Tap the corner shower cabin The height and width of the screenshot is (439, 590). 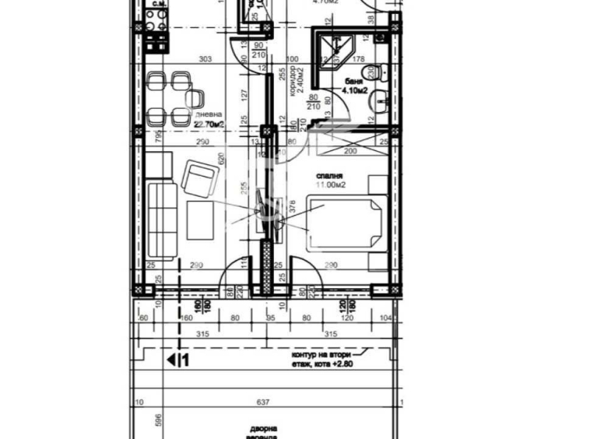pyautogui.click(x=330, y=46)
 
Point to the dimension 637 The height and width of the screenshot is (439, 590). pyautogui.click(x=263, y=402)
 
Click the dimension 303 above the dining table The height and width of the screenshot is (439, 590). pyautogui.click(x=205, y=59)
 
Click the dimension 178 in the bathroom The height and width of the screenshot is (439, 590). pyautogui.click(x=359, y=59)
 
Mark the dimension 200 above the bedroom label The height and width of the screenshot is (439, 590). pyautogui.click(x=349, y=151)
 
